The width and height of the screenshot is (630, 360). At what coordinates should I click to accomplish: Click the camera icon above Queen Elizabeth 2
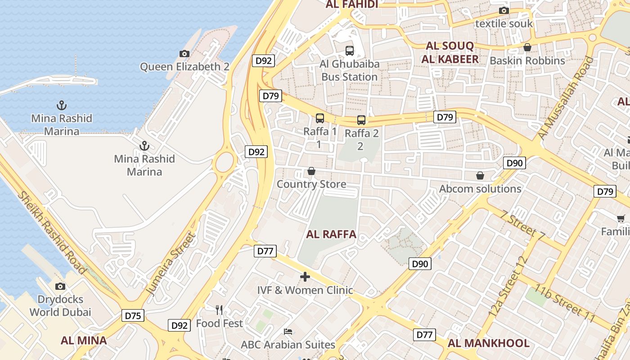tap(184, 54)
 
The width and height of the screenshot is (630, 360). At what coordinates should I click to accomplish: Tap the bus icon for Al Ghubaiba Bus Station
tap(350, 50)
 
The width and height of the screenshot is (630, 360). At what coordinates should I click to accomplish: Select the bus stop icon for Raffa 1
tap(320, 118)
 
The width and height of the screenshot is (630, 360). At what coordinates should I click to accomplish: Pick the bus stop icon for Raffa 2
tap(361, 120)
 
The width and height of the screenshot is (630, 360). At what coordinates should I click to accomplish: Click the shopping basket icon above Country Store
tap(311, 171)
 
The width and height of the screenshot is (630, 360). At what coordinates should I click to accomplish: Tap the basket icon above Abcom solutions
tap(480, 175)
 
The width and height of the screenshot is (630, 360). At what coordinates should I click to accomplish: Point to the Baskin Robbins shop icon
tap(527, 47)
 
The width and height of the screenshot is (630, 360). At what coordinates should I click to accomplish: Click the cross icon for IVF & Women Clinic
tap(305, 276)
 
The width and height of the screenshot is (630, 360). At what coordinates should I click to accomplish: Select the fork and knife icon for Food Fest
tap(219, 310)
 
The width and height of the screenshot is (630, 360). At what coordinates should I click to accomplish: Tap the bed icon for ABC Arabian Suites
tap(288, 332)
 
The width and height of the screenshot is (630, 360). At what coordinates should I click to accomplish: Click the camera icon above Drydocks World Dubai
tap(60, 286)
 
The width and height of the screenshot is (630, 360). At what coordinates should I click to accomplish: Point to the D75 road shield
tap(133, 315)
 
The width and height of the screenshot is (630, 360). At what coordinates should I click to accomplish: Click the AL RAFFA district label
tap(331, 234)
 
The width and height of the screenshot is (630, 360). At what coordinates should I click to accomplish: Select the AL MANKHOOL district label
tap(488, 343)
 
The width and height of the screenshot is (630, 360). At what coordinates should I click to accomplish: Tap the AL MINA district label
tap(84, 340)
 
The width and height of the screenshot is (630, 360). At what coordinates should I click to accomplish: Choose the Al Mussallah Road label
tap(566, 97)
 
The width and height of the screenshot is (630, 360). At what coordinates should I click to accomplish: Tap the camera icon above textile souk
tap(504, 10)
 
